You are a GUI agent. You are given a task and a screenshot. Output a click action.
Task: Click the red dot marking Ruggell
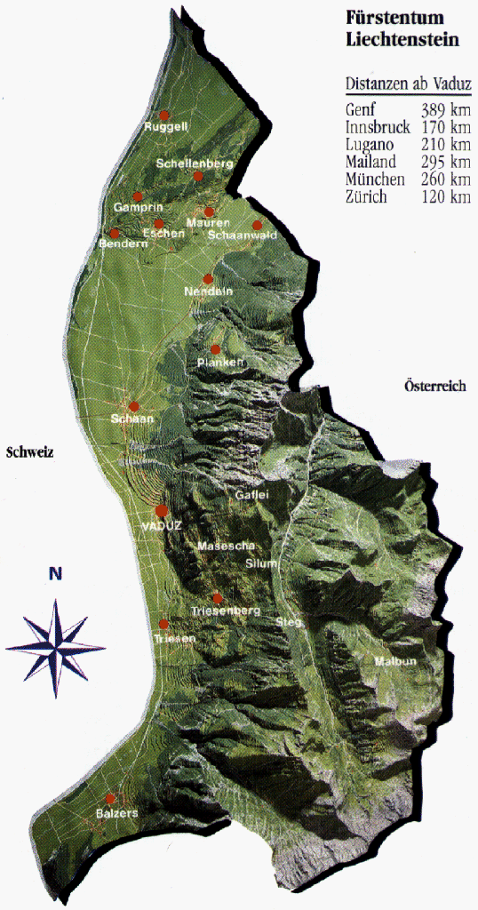point(163,116)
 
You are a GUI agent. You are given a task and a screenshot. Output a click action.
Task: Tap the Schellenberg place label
point(194,164)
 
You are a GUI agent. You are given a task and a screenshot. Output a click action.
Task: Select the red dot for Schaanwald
point(258,225)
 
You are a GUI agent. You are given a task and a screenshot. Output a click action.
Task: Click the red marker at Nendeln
point(209,279)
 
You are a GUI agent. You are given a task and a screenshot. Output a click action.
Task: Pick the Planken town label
point(221,362)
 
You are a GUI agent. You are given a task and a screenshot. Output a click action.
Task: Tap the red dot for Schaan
point(134,406)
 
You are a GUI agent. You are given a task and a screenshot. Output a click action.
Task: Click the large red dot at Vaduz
point(161,510)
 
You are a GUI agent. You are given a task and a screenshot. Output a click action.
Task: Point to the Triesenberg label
point(226,611)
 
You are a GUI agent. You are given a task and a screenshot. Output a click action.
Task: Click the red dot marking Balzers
point(111,798)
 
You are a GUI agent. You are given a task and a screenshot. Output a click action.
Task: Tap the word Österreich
point(435,387)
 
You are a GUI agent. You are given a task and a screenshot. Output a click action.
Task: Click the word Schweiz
point(30,452)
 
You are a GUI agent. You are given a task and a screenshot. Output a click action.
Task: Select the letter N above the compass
point(55,574)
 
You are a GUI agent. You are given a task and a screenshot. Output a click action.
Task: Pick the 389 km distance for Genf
point(447,110)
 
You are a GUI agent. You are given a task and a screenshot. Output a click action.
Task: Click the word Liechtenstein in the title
point(402,40)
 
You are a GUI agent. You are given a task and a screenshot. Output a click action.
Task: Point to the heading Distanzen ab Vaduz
point(408,85)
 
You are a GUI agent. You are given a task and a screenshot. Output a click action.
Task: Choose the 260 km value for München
point(447,180)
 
